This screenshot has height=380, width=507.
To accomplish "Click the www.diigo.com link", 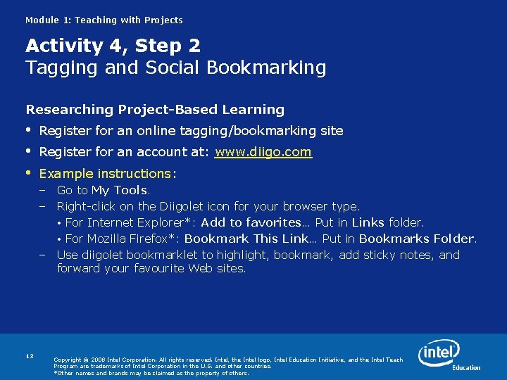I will pyautogui.click(x=263, y=152).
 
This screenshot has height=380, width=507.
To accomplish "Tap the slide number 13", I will pyautogui.click(x=30, y=357).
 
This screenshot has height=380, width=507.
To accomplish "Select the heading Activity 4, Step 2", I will pyautogui.click(x=113, y=46).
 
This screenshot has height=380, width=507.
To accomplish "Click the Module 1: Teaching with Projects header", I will pyautogui.click(x=104, y=20).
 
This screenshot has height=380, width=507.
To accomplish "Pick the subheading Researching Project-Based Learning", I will pyautogui.click(x=155, y=110).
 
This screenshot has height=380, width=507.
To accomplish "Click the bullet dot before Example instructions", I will pyautogui.click(x=30, y=173).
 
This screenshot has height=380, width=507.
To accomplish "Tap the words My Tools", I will pyautogui.click(x=120, y=190).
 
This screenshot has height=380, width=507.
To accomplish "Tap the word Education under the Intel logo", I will pyautogui.click(x=465, y=368).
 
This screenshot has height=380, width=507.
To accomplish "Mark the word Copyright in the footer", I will pyautogui.click(x=67, y=360).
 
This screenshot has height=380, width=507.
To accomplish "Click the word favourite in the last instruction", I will pyautogui.click(x=158, y=268).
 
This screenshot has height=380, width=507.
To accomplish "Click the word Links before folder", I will pyautogui.click(x=368, y=223).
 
